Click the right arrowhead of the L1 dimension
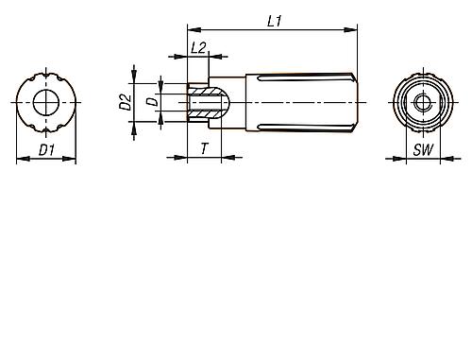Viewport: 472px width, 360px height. [357, 31]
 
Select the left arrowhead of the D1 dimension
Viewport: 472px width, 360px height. [20, 160]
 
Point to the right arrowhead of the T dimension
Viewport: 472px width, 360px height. [219, 160]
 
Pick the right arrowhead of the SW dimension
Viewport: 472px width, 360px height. [435, 160]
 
